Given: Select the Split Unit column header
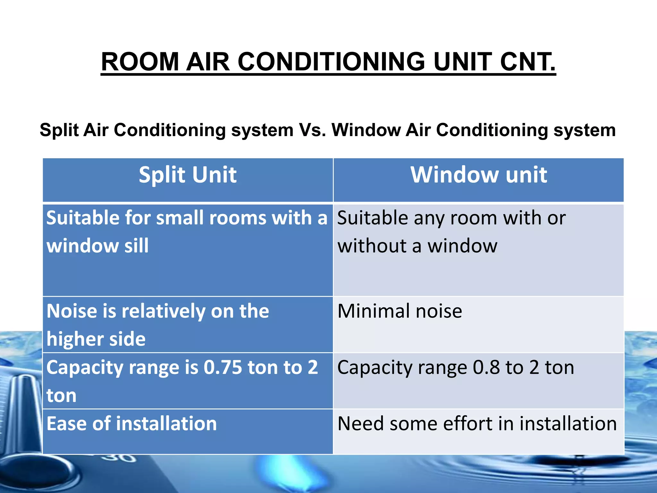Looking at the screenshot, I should click(188, 175).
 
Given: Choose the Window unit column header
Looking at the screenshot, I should click(479, 175).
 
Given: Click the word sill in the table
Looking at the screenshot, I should click(136, 246).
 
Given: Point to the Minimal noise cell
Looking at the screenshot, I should click(400, 311).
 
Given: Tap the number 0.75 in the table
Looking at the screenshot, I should click(223, 367).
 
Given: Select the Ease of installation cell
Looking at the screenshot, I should click(132, 424).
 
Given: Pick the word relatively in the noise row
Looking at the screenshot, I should click(163, 311).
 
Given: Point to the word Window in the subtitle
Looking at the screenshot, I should click(366, 130).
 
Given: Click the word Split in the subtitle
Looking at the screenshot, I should click(59, 130).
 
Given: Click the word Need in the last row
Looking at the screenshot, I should click(360, 424).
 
